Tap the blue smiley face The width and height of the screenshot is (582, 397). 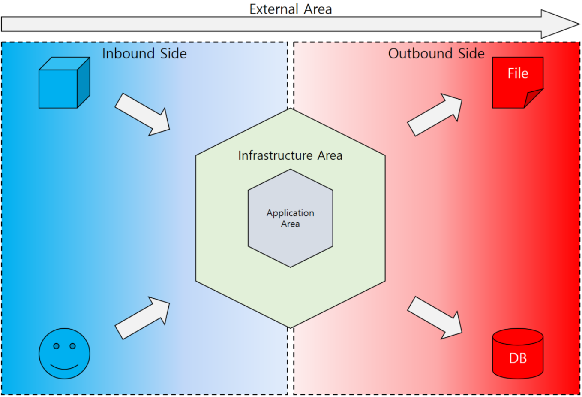click(x=64, y=354)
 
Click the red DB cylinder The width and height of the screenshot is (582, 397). click(x=518, y=354)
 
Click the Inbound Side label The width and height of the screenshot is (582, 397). click(x=144, y=54)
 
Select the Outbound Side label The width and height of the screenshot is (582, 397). click(x=436, y=54)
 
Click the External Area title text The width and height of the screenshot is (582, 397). click(x=291, y=9)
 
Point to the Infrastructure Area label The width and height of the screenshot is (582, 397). click(x=290, y=155)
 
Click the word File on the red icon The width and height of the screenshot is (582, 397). click(x=518, y=73)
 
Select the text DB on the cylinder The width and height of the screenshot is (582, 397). click(x=518, y=358)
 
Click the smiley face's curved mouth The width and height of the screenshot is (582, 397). click(x=64, y=367)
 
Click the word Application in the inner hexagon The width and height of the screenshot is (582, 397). click(x=290, y=213)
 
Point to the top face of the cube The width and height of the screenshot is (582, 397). click(x=65, y=64)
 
